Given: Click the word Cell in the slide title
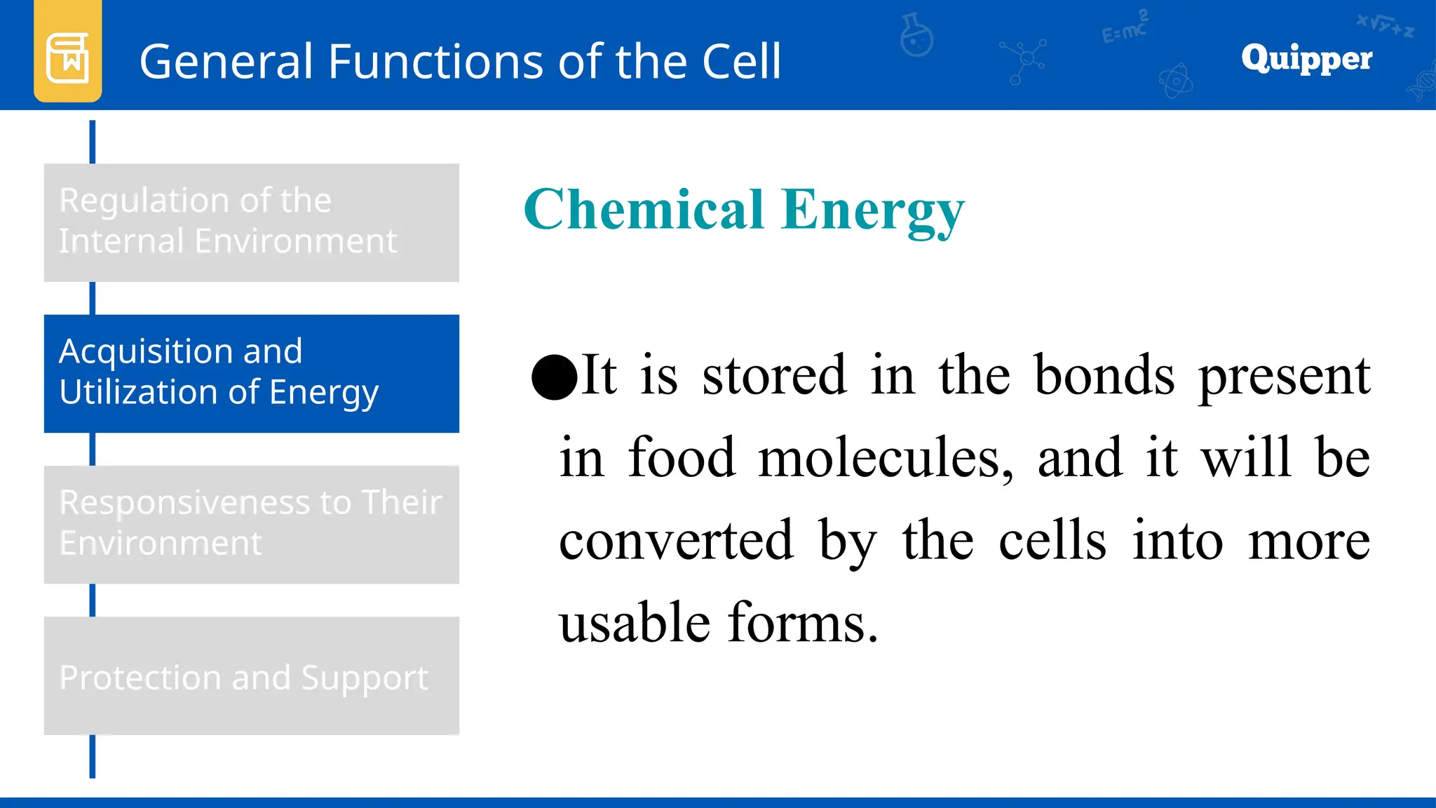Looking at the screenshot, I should pos(742,62).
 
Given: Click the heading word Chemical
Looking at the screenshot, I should pos(644,210).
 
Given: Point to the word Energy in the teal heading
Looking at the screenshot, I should pos(873,211).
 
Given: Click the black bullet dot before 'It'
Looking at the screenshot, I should pos(554,377).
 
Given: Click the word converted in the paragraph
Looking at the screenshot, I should pos(676,541).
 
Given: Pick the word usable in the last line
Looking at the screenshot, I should pos(634,623).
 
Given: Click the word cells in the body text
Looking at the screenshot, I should pos(1052,541).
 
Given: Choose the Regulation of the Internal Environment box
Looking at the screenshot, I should pos(251,222).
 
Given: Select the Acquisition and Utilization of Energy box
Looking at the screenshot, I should pos(251,373).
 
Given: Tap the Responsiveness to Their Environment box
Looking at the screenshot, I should pos(251,524).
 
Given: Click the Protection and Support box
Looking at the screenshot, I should pos(251,675).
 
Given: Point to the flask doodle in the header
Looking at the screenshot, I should pos(916,34).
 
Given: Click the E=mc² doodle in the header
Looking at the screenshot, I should pos(1125,28).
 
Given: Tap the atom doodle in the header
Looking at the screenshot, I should pos(1176,81).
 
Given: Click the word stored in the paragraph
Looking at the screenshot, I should pos(774,376).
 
